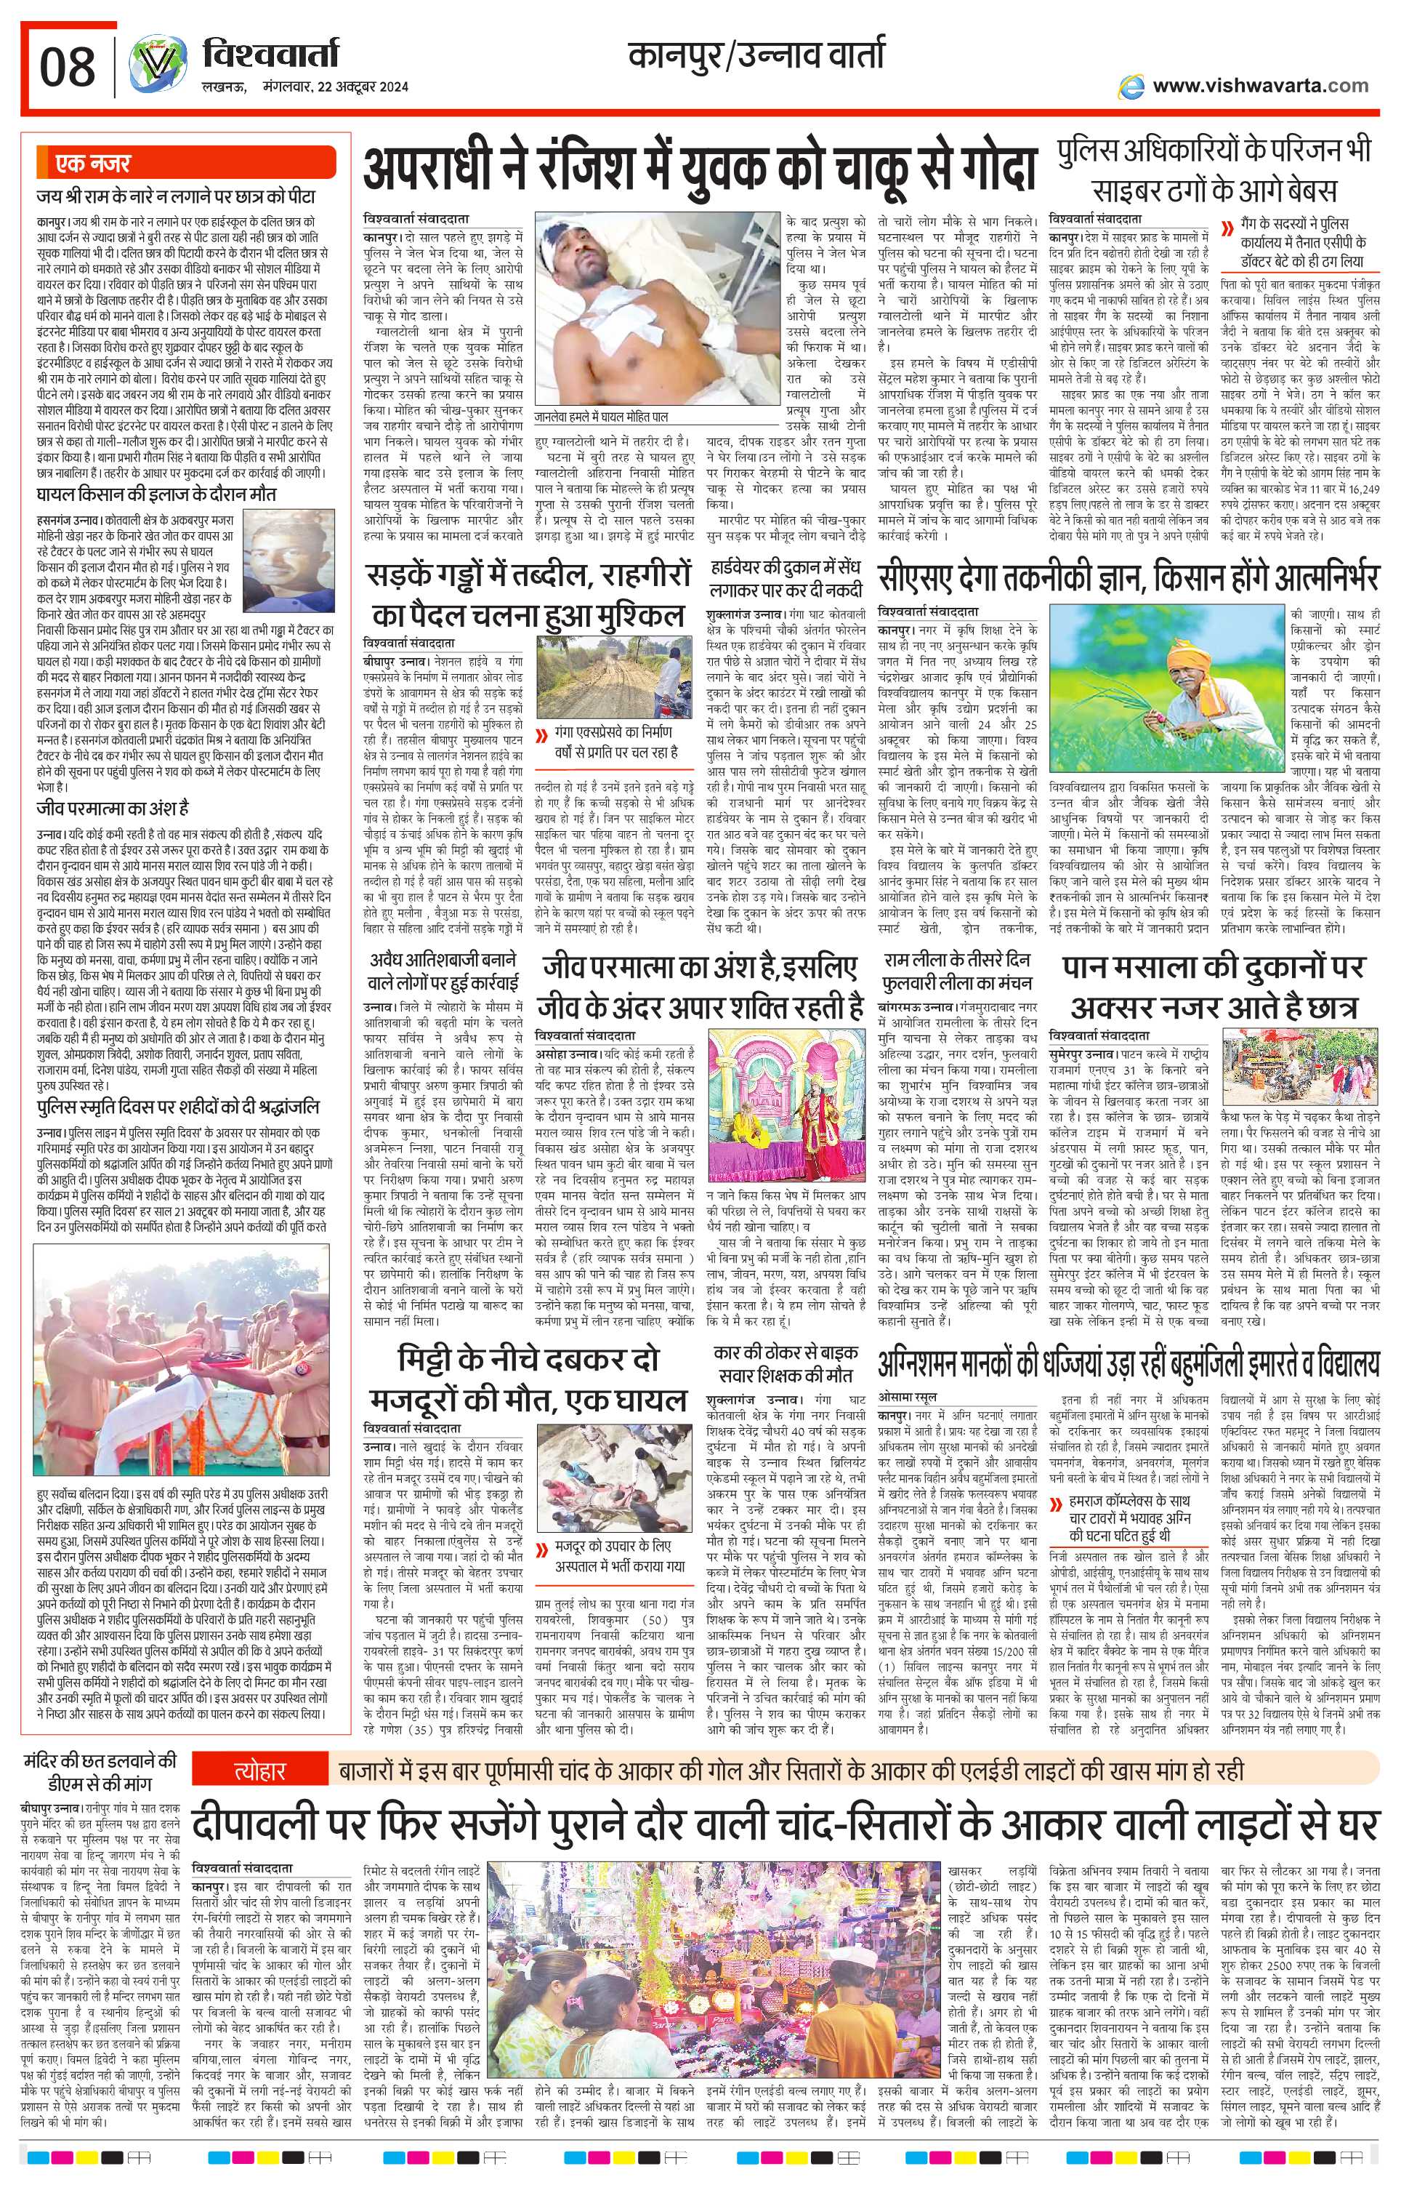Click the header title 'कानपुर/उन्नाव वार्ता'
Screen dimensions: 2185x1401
(x=755, y=57)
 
